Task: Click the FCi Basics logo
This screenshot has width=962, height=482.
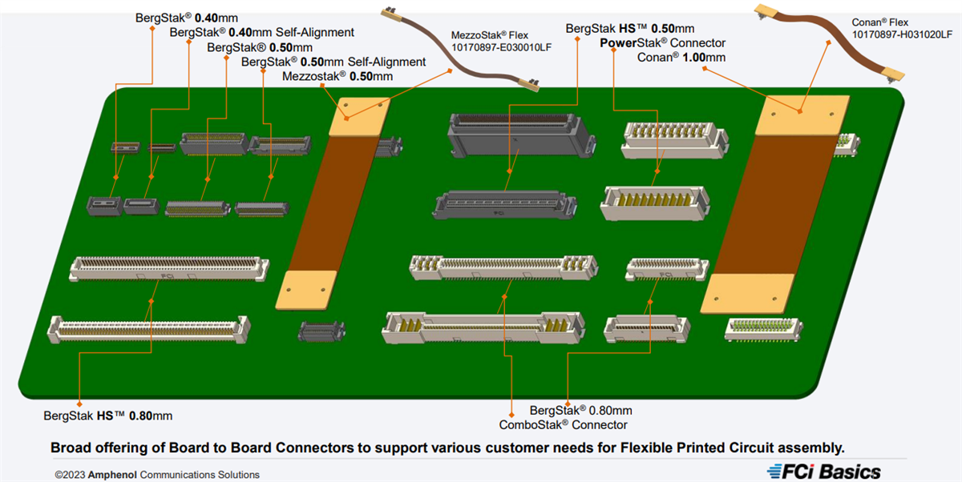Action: tap(823, 472)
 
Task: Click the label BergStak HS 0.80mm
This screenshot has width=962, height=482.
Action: tap(108, 416)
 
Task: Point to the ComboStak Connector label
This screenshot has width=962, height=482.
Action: tap(563, 424)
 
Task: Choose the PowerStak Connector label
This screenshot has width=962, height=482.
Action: tap(663, 42)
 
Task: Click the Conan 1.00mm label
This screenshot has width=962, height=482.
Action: tap(681, 57)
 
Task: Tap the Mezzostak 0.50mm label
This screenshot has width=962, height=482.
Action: tap(338, 76)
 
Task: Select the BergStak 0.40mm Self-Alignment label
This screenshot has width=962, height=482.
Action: tap(262, 33)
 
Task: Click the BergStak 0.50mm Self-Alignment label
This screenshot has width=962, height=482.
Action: tap(333, 62)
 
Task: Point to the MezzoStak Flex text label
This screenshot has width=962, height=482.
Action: tap(491, 35)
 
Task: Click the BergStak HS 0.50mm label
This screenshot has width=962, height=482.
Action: tap(630, 29)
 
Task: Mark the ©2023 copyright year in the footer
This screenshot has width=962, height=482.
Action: tap(71, 475)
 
